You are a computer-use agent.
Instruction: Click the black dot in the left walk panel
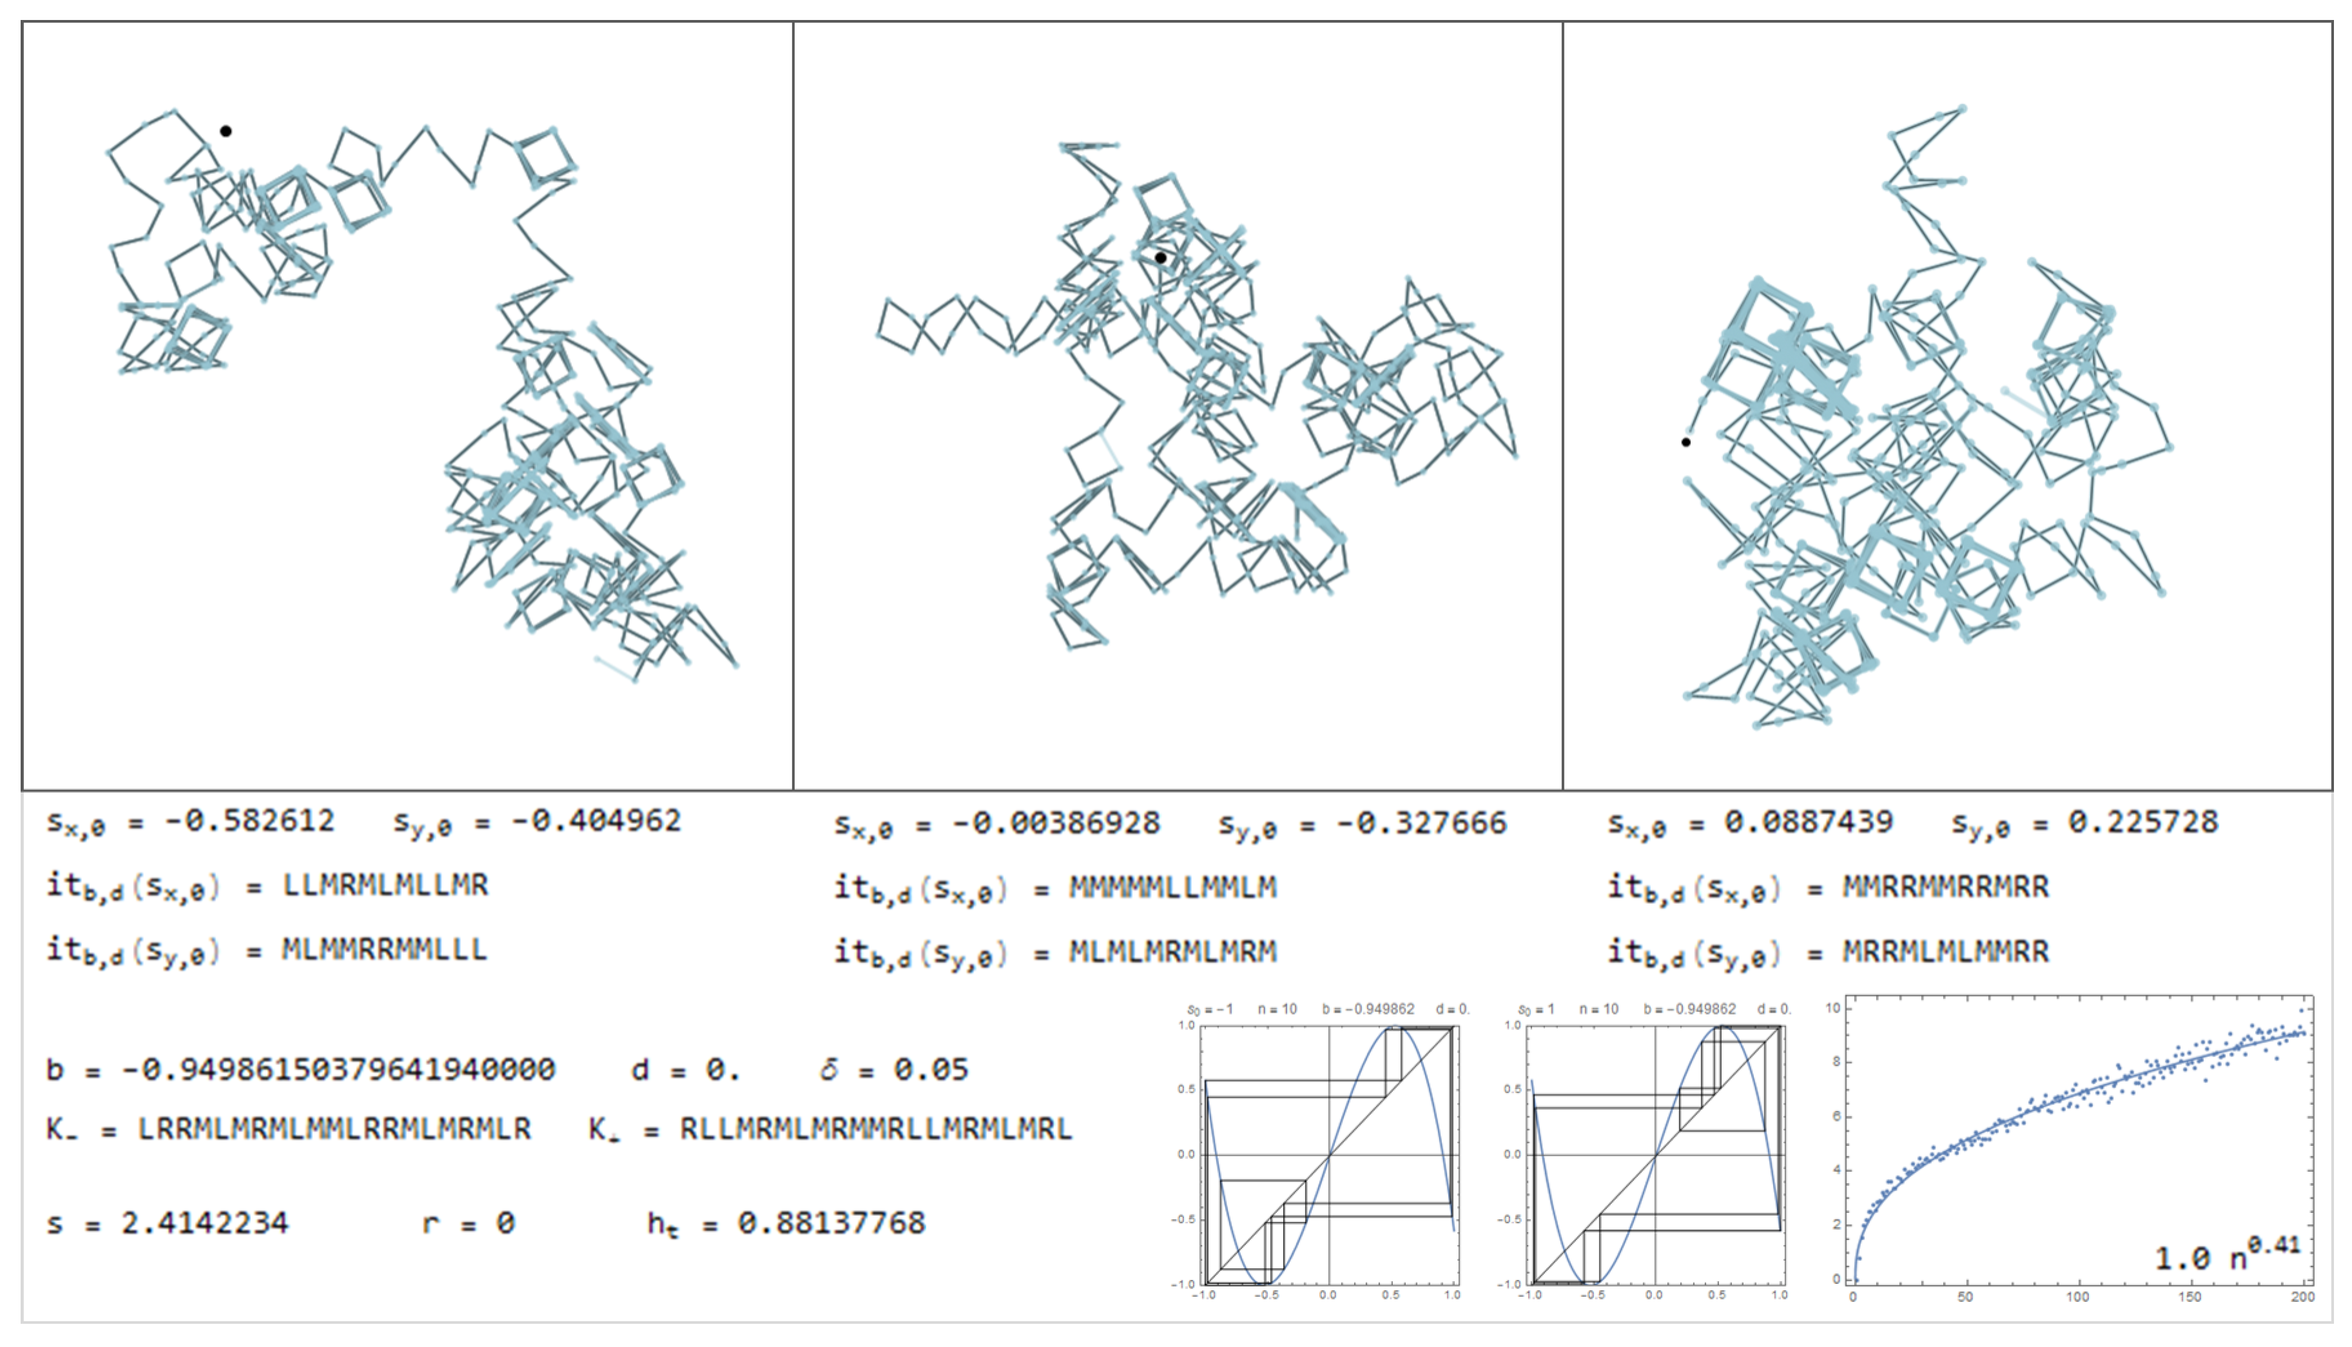point(226,131)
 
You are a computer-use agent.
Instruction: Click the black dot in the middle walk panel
point(1160,258)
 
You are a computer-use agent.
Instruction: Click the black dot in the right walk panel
point(1686,442)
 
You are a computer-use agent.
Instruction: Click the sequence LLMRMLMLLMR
point(385,886)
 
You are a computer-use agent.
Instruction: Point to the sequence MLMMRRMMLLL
point(385,950)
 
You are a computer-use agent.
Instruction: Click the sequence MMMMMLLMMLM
point(1173,888)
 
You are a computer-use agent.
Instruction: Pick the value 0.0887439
point(1809,822)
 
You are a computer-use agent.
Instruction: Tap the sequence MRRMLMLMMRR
point(1946,951)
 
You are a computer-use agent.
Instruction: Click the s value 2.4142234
point(206,1224)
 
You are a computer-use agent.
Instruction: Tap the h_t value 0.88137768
point(831,1224)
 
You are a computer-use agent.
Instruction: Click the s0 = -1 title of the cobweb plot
point(1210,1009)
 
